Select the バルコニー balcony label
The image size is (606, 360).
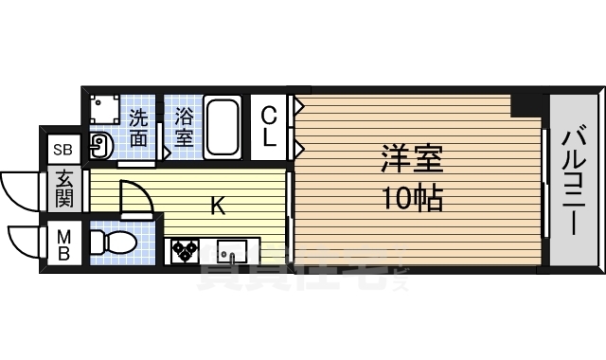coord(572,180)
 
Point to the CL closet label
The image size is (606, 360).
coord(270,126)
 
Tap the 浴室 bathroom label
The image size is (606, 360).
coord(184,126)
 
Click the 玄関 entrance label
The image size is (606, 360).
coord(63,188)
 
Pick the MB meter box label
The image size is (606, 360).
coord(63,243)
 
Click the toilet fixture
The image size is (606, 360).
coord(111,243)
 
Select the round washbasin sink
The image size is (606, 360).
coord(100,145)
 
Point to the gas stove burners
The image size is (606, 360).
coord(185,252)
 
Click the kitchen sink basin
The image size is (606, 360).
coord(231,253)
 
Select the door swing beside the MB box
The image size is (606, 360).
coord(24,242)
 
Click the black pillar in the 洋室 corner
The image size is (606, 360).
coord(524,105)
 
